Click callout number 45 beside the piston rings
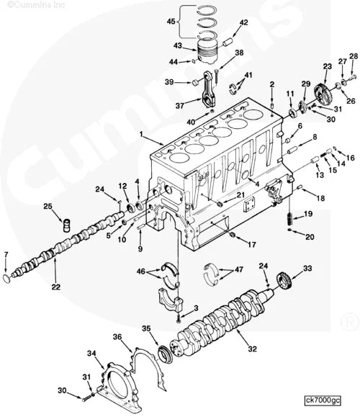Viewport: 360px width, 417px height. (x=171, y=21)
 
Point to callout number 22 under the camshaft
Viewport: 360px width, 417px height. (x=56, y=287)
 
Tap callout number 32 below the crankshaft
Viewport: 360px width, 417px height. (x=253, y=349)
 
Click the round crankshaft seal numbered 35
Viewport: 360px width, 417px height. (x=166, y=354)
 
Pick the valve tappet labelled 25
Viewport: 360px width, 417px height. (x=67, y=225)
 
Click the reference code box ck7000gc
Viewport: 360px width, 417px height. (x=323, y=400)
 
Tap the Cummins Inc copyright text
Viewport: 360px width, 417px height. (x=36, y=5)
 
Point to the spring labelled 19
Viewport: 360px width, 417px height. (x=290, y=220)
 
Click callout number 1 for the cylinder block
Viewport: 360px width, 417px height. (x=141, y=135)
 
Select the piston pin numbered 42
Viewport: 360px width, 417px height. (x=228, y=42)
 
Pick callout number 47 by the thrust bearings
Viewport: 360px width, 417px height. (x=239, y=269)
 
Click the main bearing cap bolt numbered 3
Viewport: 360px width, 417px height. (x=179, y=319)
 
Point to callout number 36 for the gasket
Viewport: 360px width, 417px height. (x=117, y=337)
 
